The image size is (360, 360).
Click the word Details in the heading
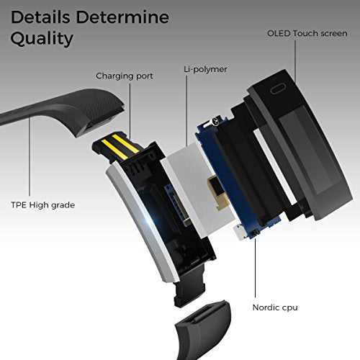tap(40, 17)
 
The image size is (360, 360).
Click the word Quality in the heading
tap(42, 39)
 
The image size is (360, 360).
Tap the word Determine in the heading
tap(122, 17)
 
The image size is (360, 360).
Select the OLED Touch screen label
tap(307, 33)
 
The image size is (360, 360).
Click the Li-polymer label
tap(205, 69)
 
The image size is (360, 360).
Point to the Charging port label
tap(125, 76)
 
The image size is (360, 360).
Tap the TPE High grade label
tap(43, 205)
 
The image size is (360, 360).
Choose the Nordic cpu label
tap(275, 307)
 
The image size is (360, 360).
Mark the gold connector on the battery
tap(217, 192)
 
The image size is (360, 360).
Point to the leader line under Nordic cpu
tap(255, 268)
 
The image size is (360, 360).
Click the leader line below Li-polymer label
tap(186, 111)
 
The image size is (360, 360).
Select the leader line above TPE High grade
tap(30, 156)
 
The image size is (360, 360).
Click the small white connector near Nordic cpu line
tap(240, 232)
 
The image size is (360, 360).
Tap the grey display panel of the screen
tap(310, 151)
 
